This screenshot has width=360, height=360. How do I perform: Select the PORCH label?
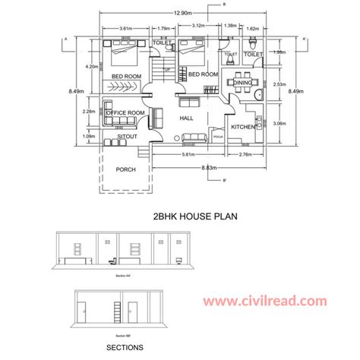[126, 170]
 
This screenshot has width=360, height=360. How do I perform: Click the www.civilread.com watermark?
[276, 302]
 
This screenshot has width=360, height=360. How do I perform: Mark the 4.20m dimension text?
[92, 67]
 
